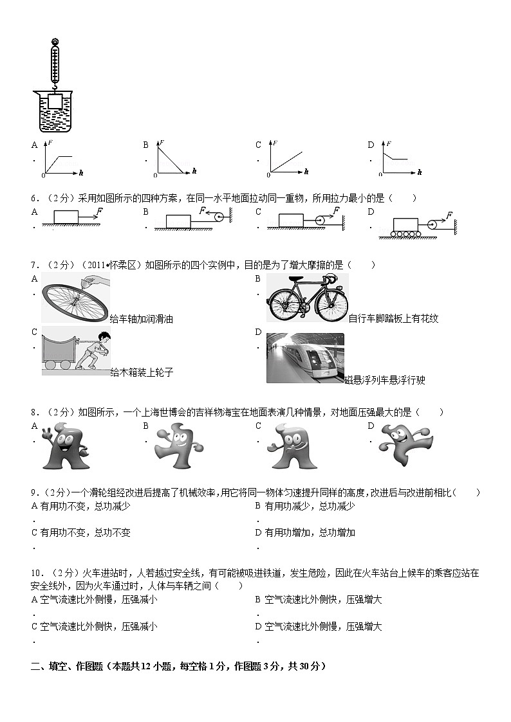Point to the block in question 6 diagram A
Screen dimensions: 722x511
point(66,217)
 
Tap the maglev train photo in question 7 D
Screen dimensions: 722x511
point(305,358)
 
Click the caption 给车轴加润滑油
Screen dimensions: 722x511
point(142,320)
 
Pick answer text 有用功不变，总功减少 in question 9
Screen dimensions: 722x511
point(85,506)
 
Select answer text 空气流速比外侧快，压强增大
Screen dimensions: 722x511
point(323,600)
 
